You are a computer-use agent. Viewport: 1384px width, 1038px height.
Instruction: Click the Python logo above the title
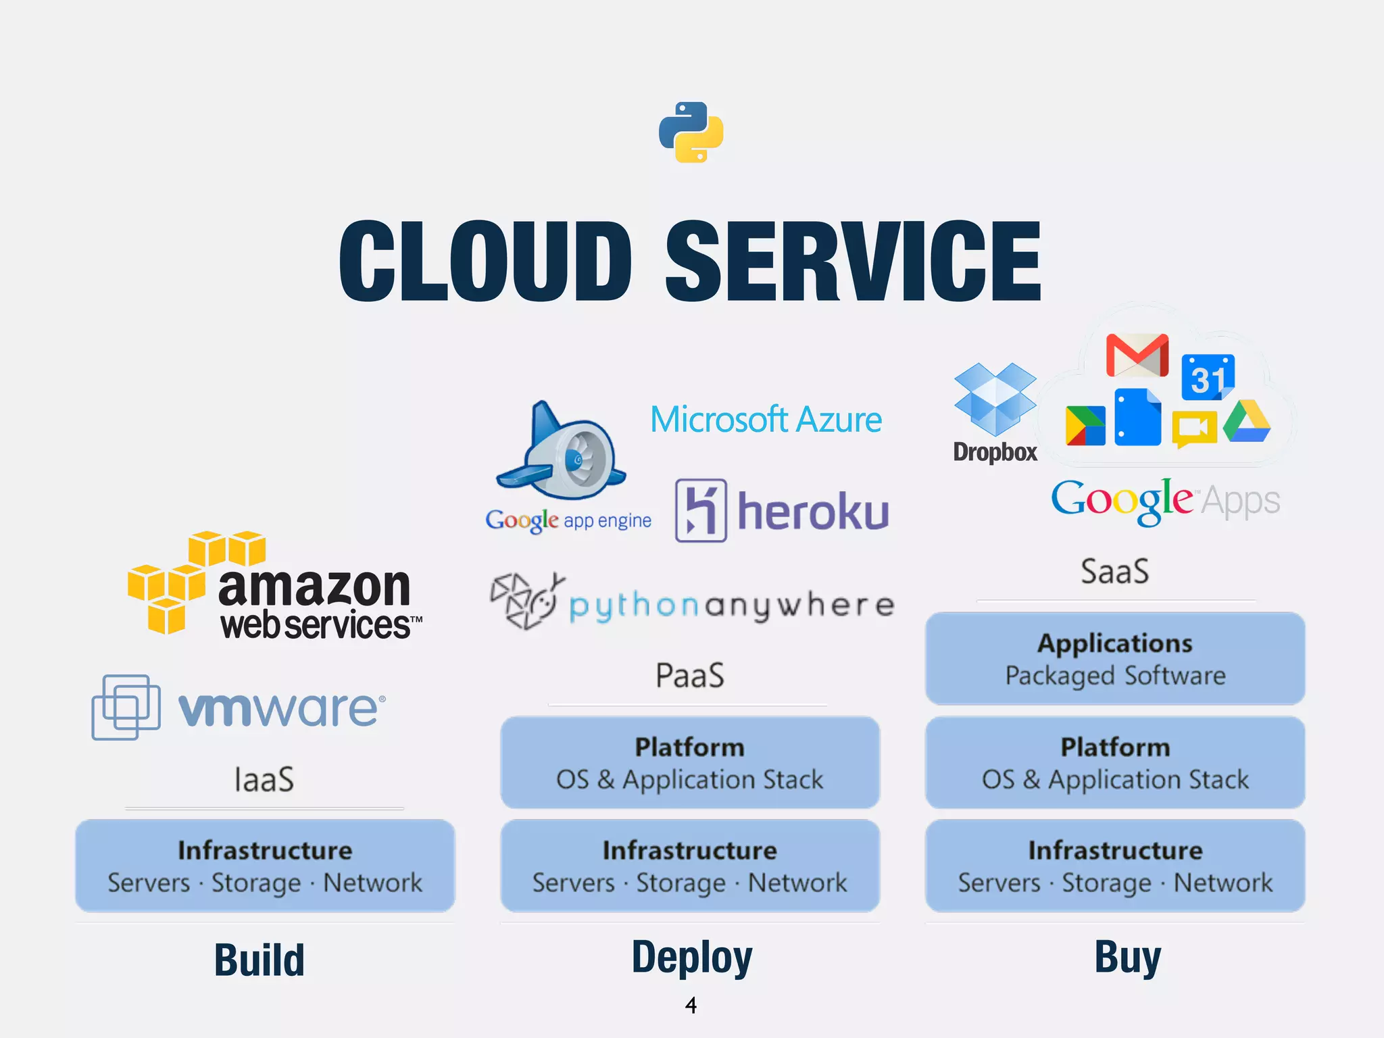691,132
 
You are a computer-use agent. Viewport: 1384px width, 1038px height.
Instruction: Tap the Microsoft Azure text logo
766,420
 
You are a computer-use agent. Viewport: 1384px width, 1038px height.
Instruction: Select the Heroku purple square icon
701,510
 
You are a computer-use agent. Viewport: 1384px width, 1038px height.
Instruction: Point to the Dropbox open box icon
994,399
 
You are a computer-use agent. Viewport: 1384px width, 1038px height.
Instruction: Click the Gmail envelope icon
1137,355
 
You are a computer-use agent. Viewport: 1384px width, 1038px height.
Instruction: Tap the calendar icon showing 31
1208,377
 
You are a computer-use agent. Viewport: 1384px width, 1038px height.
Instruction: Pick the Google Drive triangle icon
1246,422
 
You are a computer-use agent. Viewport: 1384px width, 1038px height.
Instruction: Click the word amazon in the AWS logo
314,587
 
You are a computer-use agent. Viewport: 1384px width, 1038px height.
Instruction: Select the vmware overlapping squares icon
126,707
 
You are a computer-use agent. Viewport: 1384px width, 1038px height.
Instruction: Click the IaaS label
264,779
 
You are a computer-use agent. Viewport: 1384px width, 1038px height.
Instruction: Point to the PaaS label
689,675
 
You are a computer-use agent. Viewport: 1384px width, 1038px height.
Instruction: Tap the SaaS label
1114,571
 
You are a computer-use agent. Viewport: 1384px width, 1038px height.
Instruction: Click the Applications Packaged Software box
1114,659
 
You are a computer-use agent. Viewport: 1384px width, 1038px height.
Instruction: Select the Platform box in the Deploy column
689,762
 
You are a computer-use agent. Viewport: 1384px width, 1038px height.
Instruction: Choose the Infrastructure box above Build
265,866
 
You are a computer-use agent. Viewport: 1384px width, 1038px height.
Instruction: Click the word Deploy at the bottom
691,957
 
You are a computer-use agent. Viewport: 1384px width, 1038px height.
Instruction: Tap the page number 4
690,1006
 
